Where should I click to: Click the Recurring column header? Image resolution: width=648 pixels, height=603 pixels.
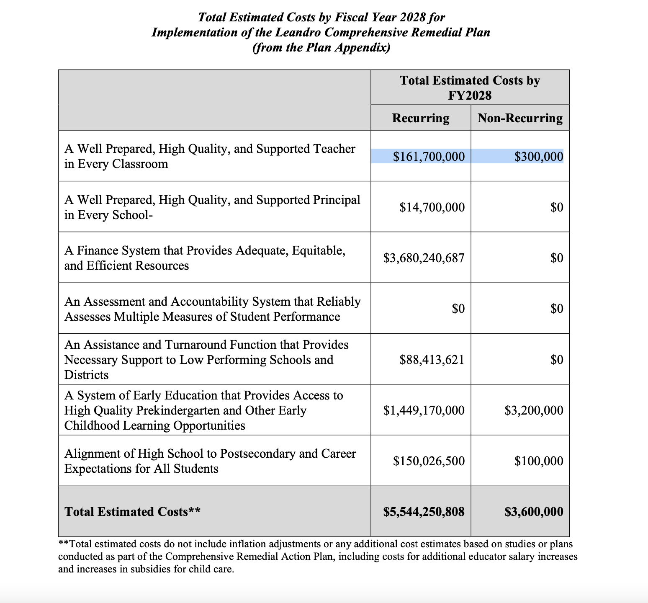point(420,118)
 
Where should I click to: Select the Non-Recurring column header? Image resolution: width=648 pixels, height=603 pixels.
point(520,118)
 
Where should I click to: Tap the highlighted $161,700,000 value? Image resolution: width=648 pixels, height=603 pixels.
point(429,157)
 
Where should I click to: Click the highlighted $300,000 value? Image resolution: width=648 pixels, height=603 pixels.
point(538,157)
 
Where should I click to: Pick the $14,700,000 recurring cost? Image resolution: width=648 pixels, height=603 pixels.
point(432,207)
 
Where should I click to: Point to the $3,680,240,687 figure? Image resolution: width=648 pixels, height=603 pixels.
point(424,258)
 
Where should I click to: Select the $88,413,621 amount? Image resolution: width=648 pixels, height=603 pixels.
point(432,360)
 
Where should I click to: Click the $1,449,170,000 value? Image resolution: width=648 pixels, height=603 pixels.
point(424,410)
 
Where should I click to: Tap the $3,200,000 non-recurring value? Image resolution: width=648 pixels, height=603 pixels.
point(534,410)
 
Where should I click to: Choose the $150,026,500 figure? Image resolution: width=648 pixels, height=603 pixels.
point(429,461)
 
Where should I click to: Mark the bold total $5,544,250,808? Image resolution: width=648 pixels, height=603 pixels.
point(424,512)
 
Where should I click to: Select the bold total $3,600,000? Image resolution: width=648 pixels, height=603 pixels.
point(534,512)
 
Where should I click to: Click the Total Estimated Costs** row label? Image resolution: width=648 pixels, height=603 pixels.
point(132,512)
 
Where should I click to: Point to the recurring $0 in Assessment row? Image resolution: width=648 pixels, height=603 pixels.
point(458,309)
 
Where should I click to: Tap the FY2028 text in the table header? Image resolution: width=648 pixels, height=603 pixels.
point(470,95)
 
